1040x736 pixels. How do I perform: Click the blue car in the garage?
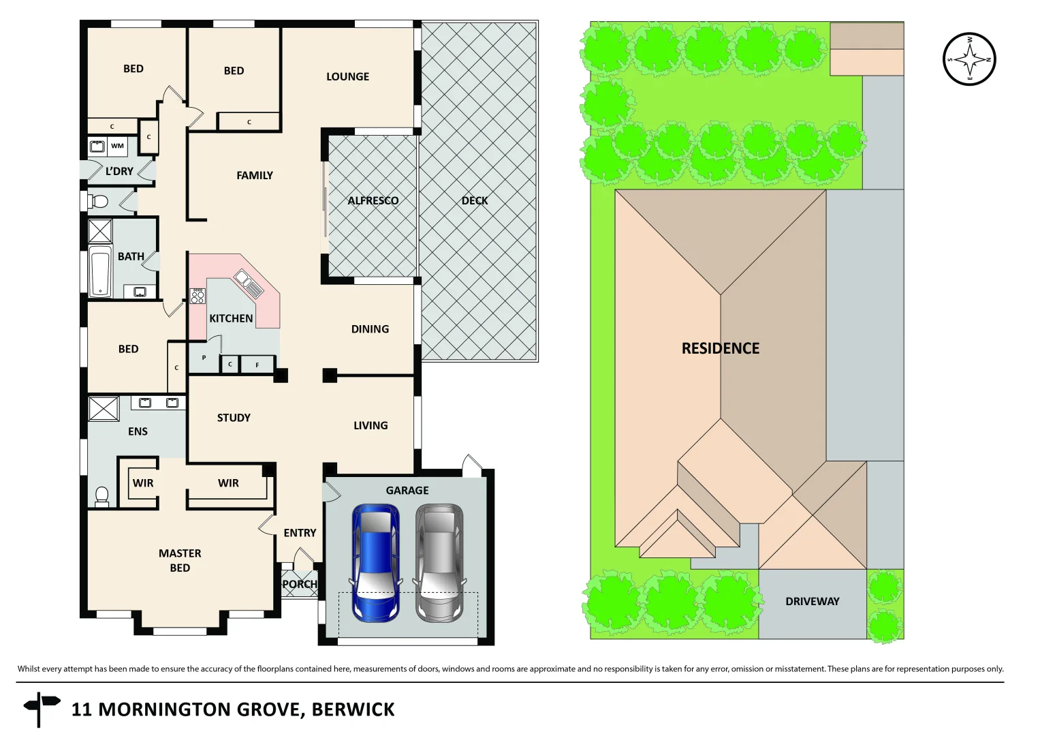point(375,563)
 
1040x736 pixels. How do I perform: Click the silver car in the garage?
point(439,563)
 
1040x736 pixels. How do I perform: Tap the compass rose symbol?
point(969,59)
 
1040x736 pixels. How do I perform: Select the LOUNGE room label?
point(347,77)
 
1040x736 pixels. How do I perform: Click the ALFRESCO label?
point(373,200)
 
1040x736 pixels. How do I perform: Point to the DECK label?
point(475,200)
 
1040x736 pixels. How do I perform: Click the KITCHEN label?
point(231,318)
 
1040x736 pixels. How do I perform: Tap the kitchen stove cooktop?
point(198,296)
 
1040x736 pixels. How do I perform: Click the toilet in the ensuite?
point(102,495)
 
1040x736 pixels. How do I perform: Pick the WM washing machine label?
point(118,146)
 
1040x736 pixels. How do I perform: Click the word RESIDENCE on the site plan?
point(720,349)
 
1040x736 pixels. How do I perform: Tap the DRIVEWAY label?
point(812,601)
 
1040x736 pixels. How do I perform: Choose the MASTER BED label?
point(180,560)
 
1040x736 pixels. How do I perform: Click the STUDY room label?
point(234,418)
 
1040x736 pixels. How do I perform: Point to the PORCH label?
point(300,584)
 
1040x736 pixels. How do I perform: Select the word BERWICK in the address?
point(353,709)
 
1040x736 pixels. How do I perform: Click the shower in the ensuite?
point(104,409)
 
